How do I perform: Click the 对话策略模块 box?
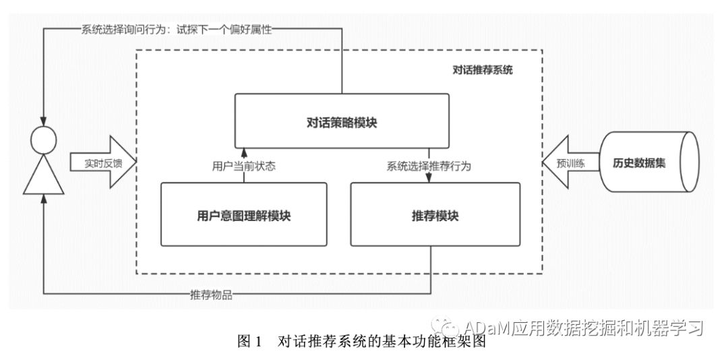[342, 122]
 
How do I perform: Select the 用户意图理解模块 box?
[243, 215]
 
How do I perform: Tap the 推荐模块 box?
[435, 215]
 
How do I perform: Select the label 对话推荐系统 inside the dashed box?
[483, 69]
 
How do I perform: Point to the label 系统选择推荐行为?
[429, 166]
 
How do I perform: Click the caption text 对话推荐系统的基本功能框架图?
[382, 342]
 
